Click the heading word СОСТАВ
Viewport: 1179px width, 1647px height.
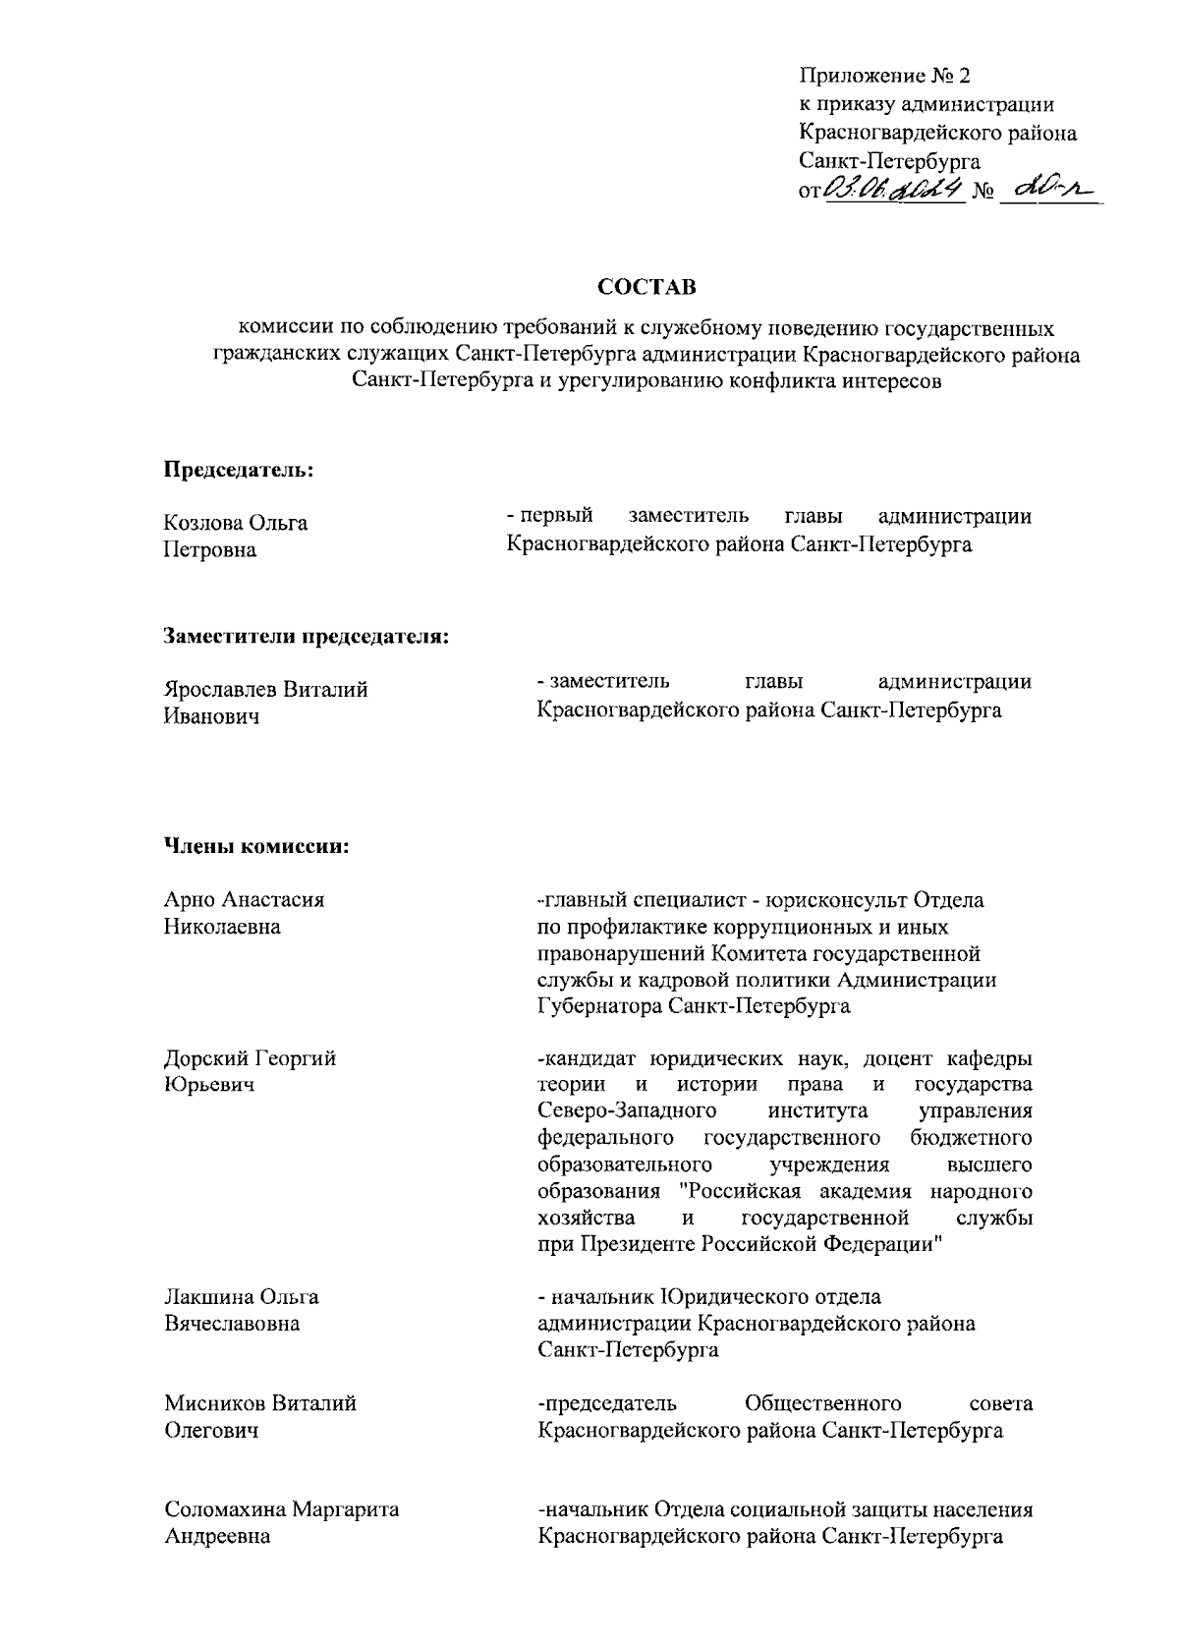[x=646, y=288]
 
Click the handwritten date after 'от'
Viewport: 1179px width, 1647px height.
[x=891, y=189]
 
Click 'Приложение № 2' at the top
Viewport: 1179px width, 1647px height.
[x=885, y=76]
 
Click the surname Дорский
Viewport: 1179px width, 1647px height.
[x=205, y=1058]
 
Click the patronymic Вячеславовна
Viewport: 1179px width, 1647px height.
[x=232, y=1324]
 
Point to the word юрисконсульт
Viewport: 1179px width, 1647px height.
[x=837, y=899]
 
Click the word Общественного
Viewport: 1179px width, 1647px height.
[x=823, y=1402]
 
